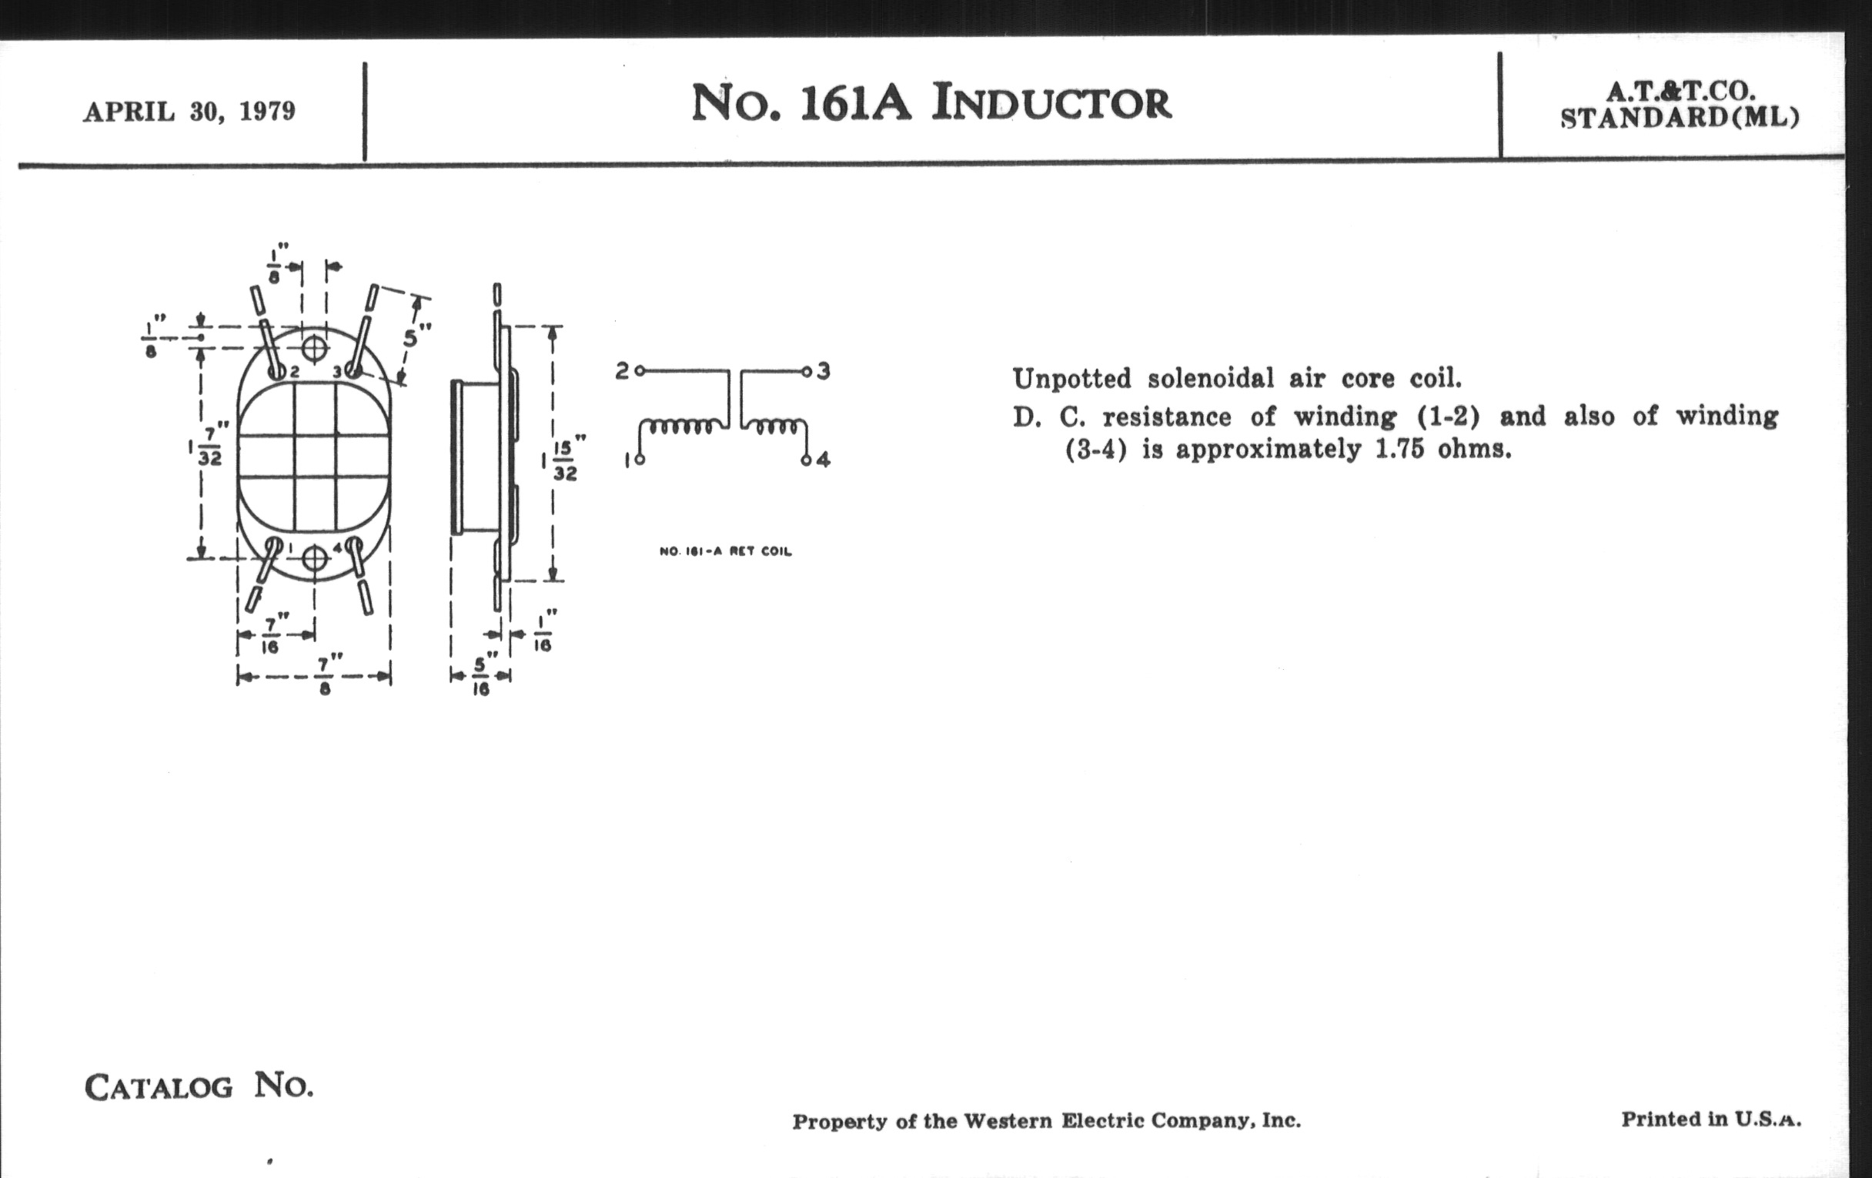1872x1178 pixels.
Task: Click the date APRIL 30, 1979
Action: [x=189, y=112]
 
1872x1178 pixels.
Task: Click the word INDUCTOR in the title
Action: [x=1051, y=103]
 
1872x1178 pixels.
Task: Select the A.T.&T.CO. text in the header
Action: [x=1680, y=92]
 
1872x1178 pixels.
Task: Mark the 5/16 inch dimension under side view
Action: [x=481, y=676]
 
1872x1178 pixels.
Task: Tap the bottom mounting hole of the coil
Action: [x=314, y=557]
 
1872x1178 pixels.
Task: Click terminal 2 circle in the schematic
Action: [x=639, y=371]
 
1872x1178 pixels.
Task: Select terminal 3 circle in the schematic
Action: [x=807, y=371]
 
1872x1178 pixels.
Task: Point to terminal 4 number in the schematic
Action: [x=824, y=460]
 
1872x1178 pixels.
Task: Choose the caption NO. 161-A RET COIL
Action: [x=724, y=551]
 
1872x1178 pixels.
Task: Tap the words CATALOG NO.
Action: [x=199, y=1086]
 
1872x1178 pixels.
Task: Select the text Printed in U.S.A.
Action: [x=1710, y=1119]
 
